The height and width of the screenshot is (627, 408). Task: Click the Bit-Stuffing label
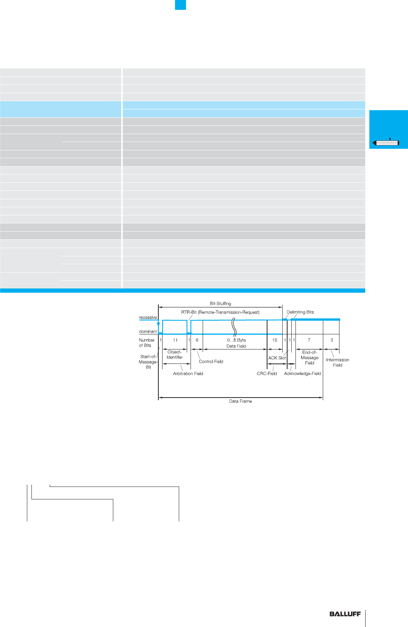pos(220,304)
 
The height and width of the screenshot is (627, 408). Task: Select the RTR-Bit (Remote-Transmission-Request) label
pos(220,312)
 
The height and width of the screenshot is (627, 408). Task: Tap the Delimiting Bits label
pos(300,312)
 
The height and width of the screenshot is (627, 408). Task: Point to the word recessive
pos(148,317)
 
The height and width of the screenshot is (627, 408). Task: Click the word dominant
pos(148,331)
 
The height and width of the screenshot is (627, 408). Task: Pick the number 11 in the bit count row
pos(175,340)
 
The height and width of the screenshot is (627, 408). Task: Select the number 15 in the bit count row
pos(275,340)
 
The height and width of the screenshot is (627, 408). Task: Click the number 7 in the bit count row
pos(309,340)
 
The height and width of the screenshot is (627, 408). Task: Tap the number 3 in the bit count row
pos(331,340)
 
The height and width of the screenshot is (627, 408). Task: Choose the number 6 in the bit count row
pos(197,340)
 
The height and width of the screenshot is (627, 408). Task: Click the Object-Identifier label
pos(175,354)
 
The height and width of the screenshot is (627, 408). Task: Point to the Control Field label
pos(211,362)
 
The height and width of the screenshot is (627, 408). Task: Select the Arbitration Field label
pos(188,374)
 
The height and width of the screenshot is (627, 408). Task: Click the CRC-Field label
pos(267,374)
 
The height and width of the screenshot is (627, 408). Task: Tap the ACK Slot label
pos(277,358)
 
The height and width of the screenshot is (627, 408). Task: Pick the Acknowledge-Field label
pos(302,374)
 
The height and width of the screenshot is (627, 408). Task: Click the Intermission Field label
pos(338,362)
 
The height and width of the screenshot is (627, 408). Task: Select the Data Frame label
pos(240,401)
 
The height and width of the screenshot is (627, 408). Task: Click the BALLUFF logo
pos(345,614)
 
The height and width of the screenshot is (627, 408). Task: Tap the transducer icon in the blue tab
pos(386,142)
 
